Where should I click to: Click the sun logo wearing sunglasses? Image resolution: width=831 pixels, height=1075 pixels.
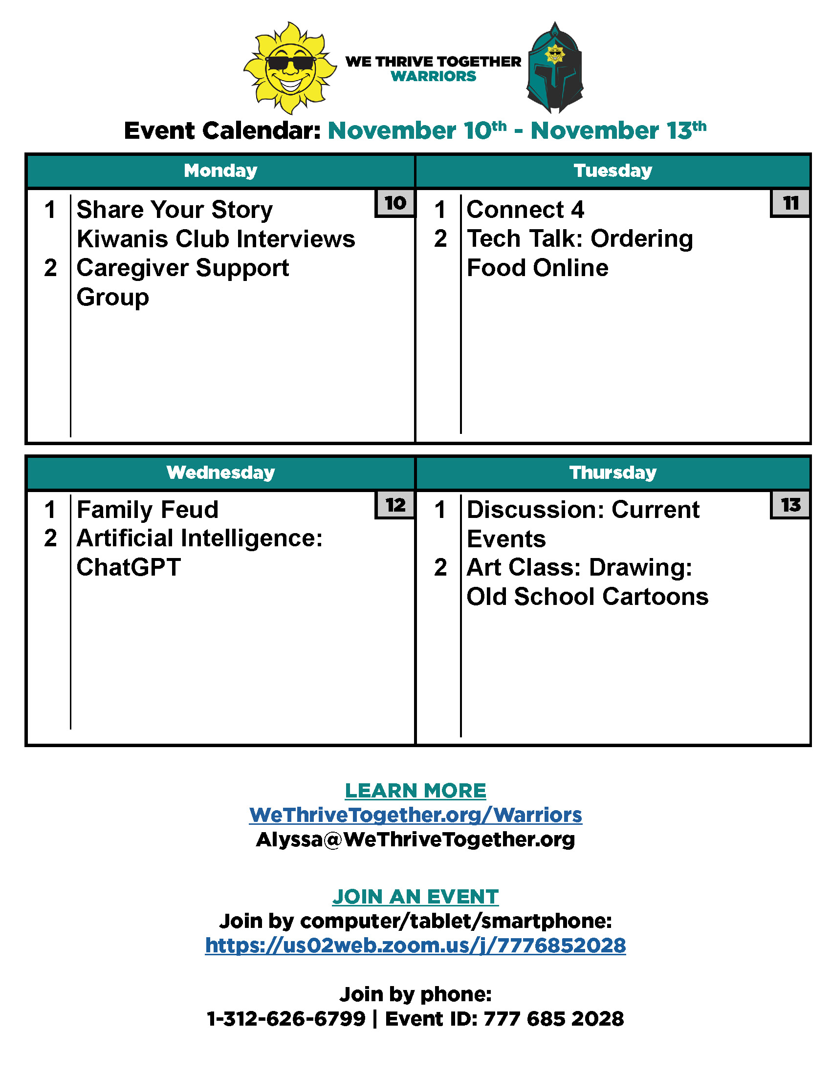click(290, 68)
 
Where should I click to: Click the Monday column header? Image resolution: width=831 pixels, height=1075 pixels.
click(220, 171)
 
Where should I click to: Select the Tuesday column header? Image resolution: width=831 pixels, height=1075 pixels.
click(613, 171)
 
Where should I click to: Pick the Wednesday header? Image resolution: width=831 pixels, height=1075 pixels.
click(220, 473)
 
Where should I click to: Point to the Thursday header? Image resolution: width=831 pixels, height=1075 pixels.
click(613, 473)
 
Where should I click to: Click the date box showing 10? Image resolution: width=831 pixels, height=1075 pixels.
click(395, 203)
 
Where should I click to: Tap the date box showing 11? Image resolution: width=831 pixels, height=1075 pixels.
click(790, 203)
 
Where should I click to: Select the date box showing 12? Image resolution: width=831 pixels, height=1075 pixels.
click(395, 505)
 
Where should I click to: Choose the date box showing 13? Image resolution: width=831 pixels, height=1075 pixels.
click(790, 505)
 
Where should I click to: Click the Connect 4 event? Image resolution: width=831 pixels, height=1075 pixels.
click(525, 210)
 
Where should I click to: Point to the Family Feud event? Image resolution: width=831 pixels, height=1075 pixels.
click(148, 510)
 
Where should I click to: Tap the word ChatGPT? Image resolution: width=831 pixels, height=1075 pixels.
click(129, 567)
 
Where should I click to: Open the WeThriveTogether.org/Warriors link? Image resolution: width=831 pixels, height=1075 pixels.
click(415, 815)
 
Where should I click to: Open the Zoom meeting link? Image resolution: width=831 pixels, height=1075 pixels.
click(415, 946)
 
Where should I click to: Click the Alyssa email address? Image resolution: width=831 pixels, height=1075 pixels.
click(415, 839)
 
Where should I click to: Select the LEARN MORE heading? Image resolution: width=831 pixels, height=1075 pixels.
click(415, 791)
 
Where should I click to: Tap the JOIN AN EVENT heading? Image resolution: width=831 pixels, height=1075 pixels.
click(415, 897)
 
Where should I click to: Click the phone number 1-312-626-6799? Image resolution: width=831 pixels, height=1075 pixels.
click(286, 1019)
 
